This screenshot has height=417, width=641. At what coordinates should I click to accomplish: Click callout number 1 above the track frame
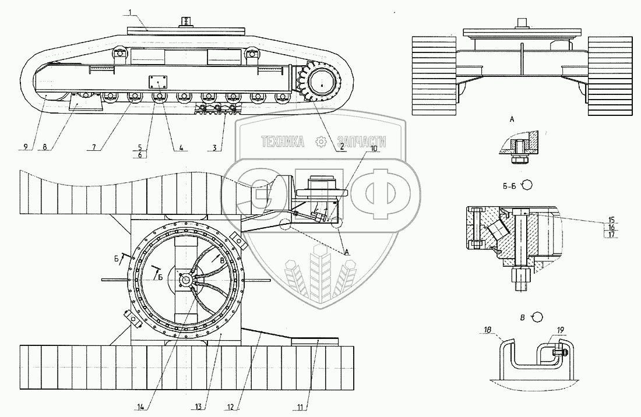132,12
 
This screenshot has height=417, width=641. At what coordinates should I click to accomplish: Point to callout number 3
216,148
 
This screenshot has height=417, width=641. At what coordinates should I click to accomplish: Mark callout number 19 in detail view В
561,331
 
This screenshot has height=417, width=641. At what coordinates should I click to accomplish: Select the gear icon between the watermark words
320,142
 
